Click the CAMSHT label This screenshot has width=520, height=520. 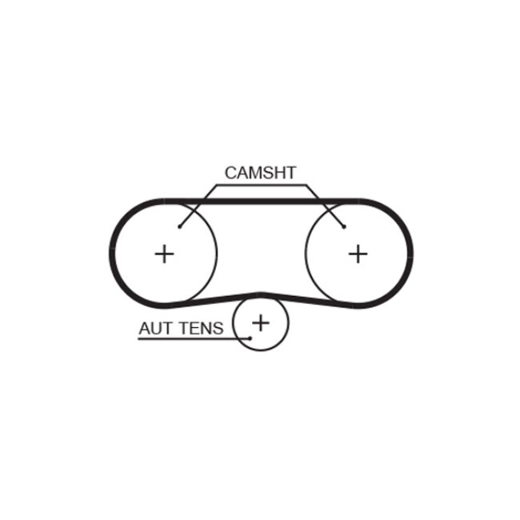coord(260,173)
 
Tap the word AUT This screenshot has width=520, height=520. coord(155,328)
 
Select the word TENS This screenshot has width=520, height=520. coord(204,328)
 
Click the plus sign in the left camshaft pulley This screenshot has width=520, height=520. coord(164,254)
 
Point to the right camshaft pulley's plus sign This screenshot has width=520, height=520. coord(358,254)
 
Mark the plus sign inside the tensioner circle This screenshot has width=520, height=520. coord(260,322)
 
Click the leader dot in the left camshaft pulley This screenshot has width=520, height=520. coord(180,226)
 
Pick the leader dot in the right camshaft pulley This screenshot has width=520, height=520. coord(343,226)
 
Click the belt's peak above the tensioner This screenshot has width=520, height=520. coord(260,294)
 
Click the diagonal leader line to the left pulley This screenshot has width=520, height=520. coord(197,206)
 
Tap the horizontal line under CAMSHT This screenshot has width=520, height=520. coord(260,186)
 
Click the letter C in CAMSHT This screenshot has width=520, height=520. coord(230,173)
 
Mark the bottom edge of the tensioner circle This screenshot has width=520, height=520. coord(260,350)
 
